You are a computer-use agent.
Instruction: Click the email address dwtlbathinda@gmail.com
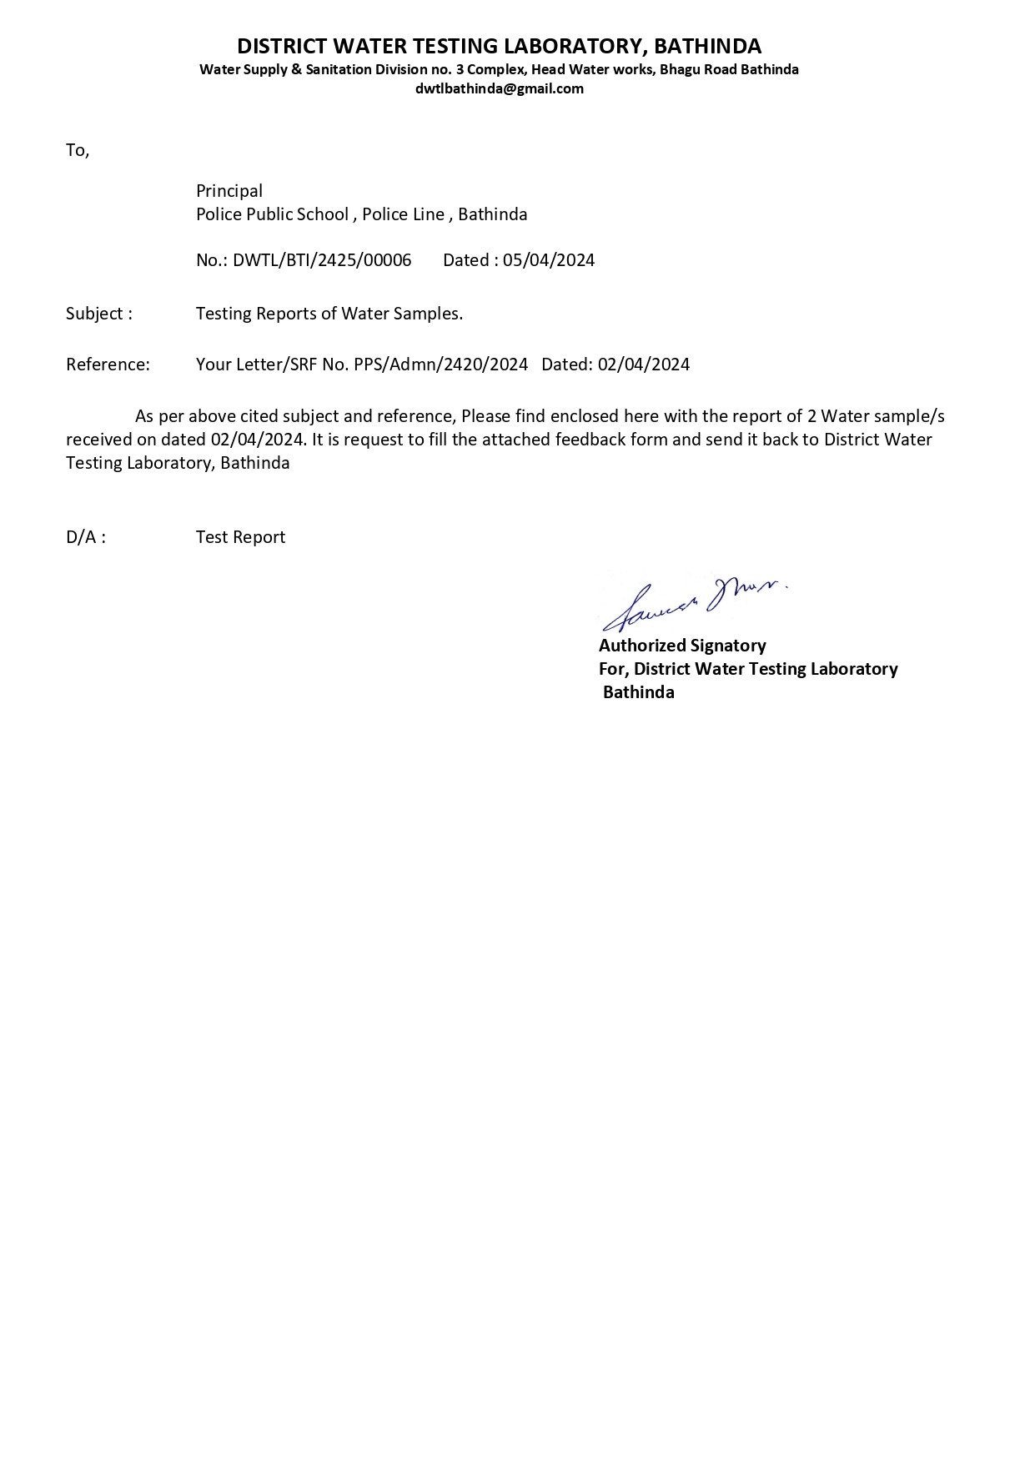499,88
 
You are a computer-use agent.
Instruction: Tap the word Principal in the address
229,191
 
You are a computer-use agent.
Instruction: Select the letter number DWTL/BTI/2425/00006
322,260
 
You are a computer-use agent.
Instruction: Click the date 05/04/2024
549,260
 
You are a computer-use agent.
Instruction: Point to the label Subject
95,314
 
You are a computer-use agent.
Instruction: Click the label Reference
108,364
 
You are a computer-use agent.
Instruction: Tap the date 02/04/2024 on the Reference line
644,364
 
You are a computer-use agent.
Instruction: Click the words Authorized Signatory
682,646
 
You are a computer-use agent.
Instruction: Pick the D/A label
86,537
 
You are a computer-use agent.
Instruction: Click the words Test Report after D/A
240,537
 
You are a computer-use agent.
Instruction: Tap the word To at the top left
77,151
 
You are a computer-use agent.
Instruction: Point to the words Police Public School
272,214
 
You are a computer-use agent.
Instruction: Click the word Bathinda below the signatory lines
638,692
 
